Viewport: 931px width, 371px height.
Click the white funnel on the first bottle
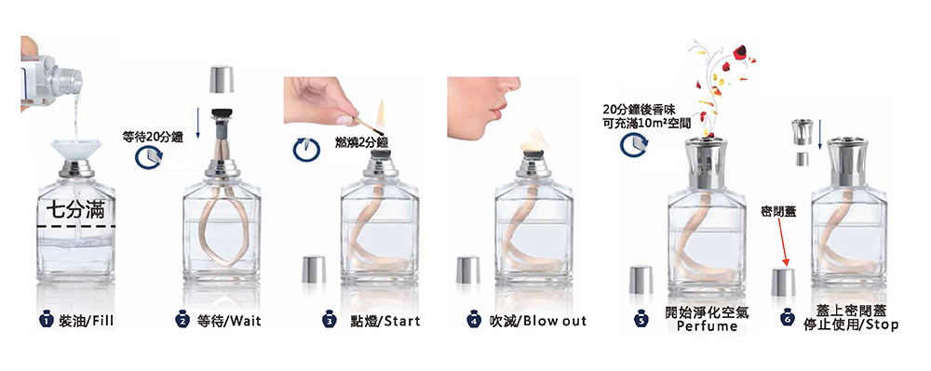click(x=74, y=148)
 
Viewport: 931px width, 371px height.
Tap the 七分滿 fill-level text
click(x=76, y=210)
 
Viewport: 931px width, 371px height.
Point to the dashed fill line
click(x=76, y=226)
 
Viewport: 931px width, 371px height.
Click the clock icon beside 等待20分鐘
click(x=148, y=156)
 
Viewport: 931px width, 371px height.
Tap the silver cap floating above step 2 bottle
click(x=222, y=79)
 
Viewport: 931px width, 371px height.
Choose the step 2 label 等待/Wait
click(x=229, y=321)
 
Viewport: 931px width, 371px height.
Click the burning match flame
click(x=381, y=113)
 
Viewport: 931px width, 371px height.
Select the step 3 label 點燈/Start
click(x=385, y=321)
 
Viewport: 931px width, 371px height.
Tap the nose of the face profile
click(x=514, y=86)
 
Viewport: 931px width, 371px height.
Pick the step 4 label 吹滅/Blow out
click(x=537, y=321)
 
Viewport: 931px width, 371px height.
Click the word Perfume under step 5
click(x=705, y=326)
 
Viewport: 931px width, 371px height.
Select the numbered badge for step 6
click(x=788, y=320)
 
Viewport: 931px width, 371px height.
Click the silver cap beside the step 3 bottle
click(x=314, y=269)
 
